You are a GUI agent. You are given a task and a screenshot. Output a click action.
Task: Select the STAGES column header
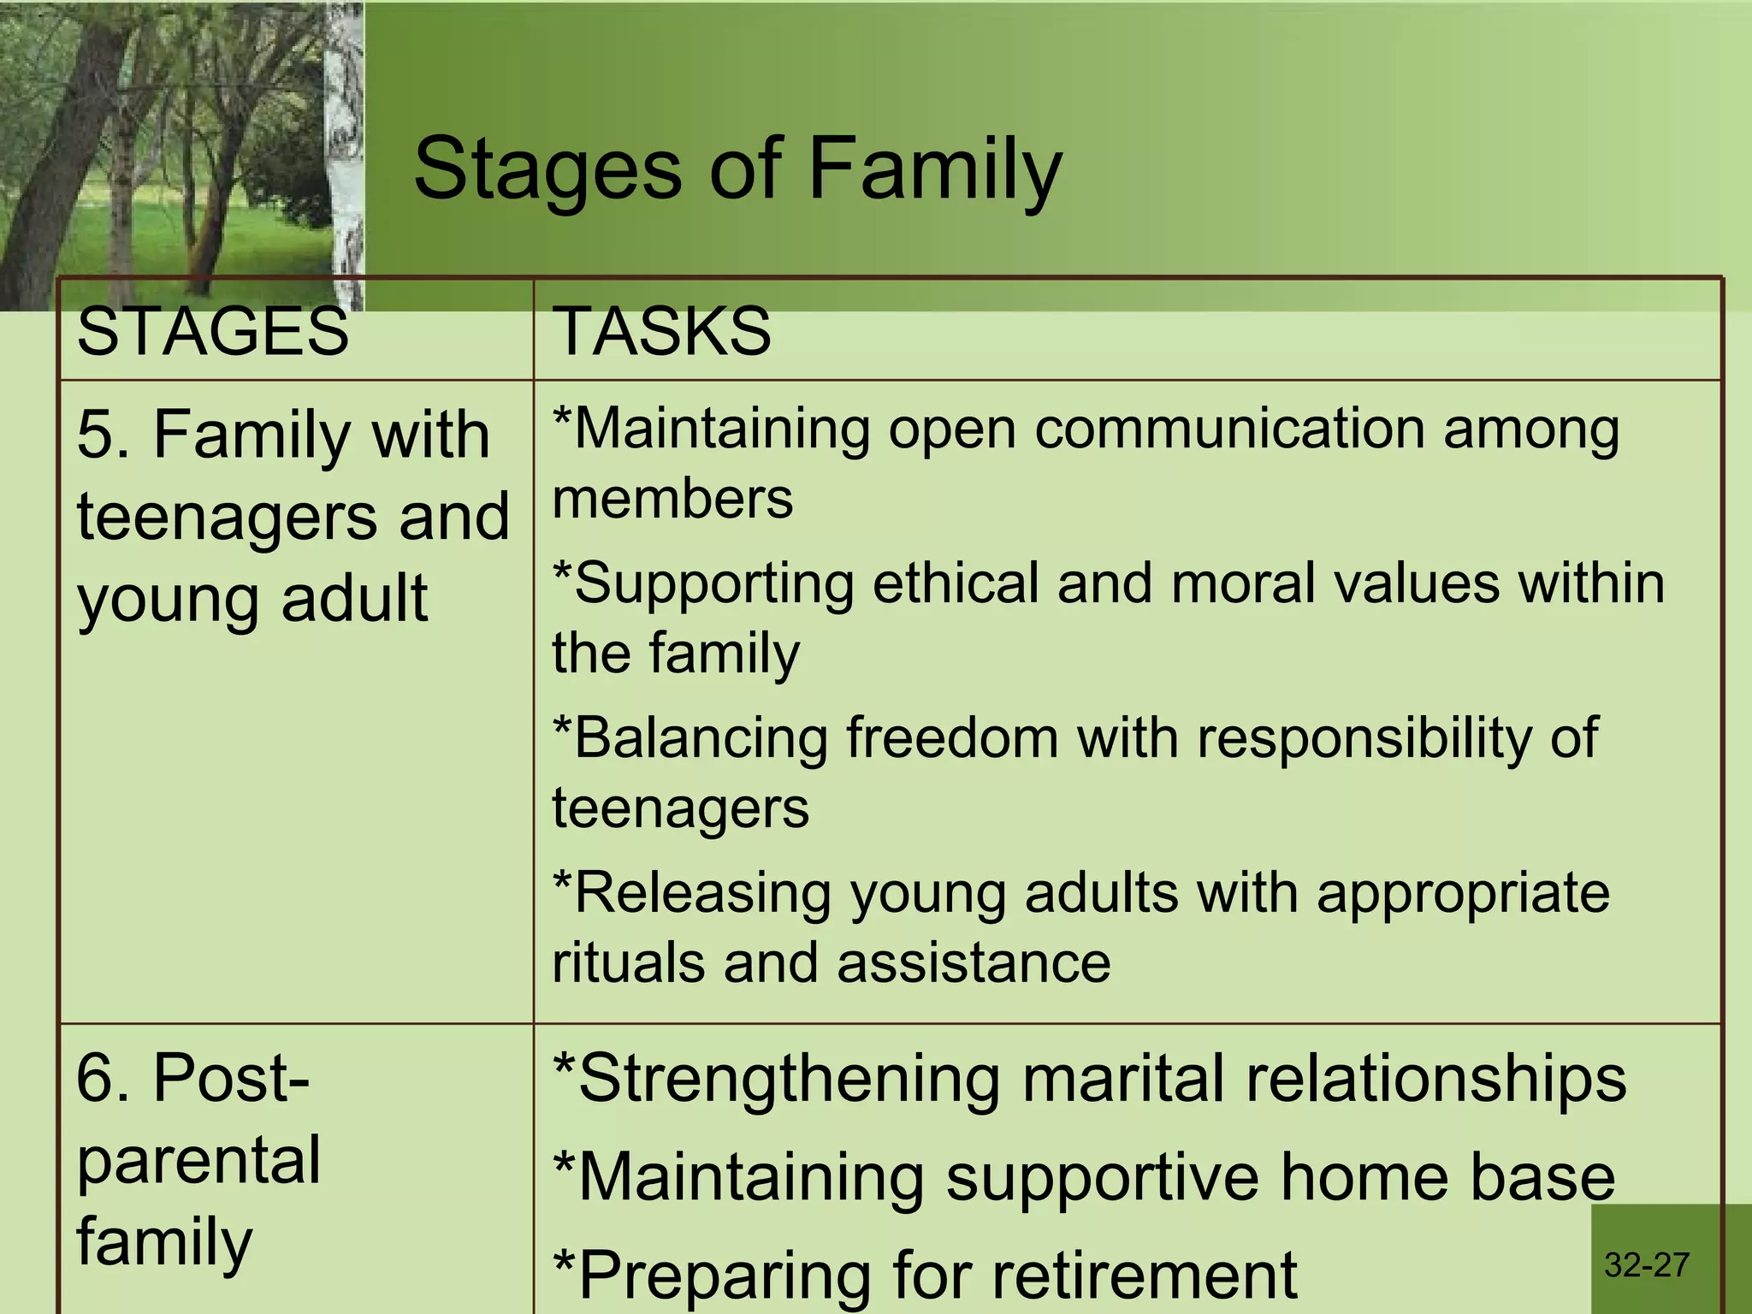tap(212, 332)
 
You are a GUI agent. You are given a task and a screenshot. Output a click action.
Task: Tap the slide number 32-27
tap(1647, 1265)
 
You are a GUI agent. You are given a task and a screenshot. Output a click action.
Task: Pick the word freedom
tap(951, 737)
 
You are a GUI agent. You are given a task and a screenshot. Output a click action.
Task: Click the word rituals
tap(627, 963)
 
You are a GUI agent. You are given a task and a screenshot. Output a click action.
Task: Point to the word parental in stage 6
tap(198, 1162)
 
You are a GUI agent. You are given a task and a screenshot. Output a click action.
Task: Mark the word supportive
tap(1102, 1177)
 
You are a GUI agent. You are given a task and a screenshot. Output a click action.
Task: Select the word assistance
tap(973, 963)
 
